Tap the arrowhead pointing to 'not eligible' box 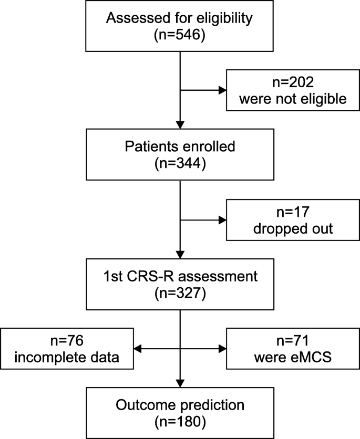coord(221,90)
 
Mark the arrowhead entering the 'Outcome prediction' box coord(180,384)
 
